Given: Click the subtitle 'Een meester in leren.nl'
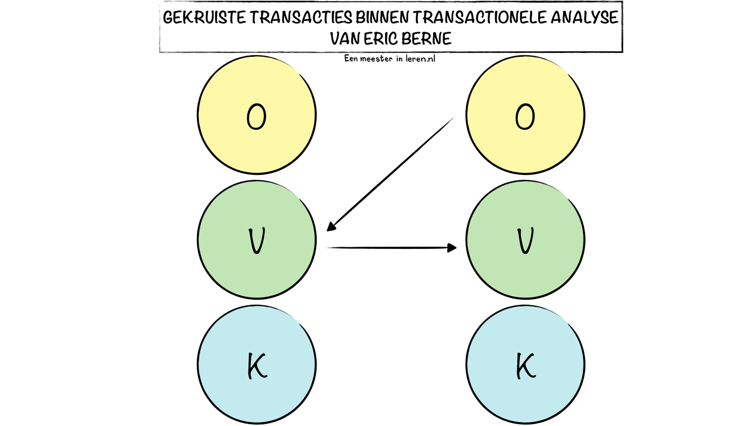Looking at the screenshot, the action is (390, 59).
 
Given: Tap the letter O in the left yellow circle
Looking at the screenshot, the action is (257, 116).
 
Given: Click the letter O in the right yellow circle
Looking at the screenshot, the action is (525, 116).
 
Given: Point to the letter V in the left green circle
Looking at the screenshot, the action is (257, 241).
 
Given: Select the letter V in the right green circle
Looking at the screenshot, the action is (525, 241).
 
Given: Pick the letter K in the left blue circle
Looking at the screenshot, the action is (258, 366).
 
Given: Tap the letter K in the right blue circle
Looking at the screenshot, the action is (526, 366).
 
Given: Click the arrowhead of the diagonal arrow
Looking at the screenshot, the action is (331, 227).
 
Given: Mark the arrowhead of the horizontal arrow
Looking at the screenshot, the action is (452, 248).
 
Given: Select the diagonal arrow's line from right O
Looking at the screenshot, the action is (391, 174).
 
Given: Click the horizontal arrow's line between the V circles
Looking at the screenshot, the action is (392, 248).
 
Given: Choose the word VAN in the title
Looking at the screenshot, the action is (345, 38).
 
